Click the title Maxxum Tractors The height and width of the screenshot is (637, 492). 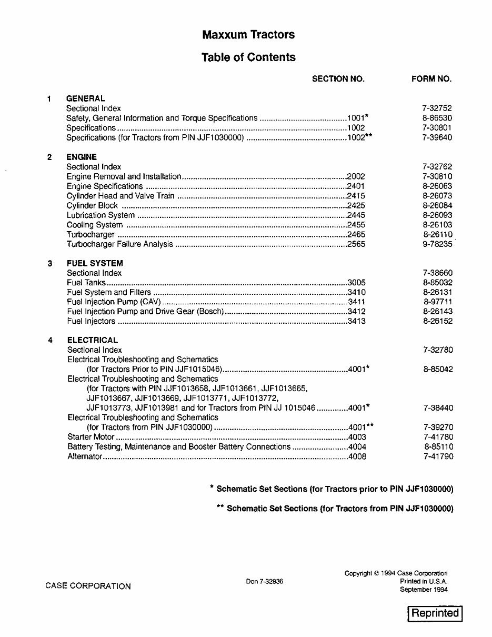pyautogui.click(x=248, y=35)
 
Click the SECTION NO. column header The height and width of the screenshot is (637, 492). pyautogui.click(x=338, y=79)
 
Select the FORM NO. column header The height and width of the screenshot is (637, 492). pyautogui.click(x=431, y=79)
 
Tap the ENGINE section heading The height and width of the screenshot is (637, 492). pyautogui.click(x=82, y=157)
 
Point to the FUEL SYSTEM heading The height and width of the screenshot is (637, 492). pyautogui.click(x=95, y=263)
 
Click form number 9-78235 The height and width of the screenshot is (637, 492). pyautogui.click(x=437, y=244)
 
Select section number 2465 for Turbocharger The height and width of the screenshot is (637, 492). pyautogui.click(x=356, y=235)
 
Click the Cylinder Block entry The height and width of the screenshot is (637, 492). pyautogui.click(x=92, y=206)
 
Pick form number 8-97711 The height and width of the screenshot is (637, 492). pyautogui.click(x=437, y=302)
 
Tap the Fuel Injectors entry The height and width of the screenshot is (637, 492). pyautogui.click(x=91, y=321)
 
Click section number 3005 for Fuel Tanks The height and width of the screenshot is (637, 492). pyautogui.click(x=357, y=283)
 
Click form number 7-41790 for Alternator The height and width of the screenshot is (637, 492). pyautogui.click(x=438, y=456)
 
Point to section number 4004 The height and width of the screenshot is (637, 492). pyautogui.click(x=357, y=447)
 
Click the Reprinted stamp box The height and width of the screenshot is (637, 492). pyautogui.click(x=435, y=613)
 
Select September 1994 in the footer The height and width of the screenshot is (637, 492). pyautogui.click(x=424, y=590)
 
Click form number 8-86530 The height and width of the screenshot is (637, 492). pyautogui.click(x=437, y=118)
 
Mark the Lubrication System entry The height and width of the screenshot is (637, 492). pyautogui.click(x=101, y=215)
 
